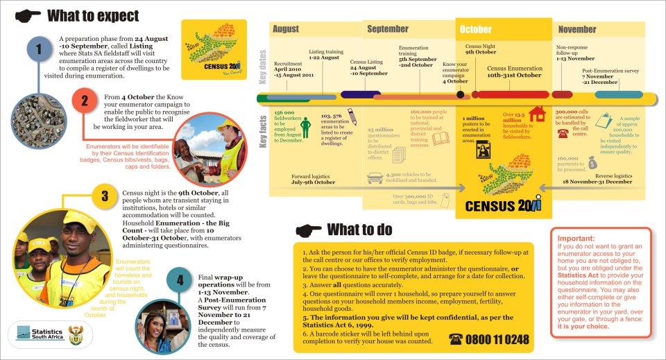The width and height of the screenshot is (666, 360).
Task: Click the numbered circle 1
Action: (40, 49)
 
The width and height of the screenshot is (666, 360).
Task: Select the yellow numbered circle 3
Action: (103, 196)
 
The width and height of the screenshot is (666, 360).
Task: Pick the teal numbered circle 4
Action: (180, 280)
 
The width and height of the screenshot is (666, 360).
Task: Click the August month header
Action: (286, 29)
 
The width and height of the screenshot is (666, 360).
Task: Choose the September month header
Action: (388, 29)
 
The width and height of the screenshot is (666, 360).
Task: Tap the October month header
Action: (475, 29)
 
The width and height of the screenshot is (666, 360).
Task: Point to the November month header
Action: (577, 29)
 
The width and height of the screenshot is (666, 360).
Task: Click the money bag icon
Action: (592, 162)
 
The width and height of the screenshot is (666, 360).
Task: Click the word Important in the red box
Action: (576, 239)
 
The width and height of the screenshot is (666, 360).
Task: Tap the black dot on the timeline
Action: (460, 94)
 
